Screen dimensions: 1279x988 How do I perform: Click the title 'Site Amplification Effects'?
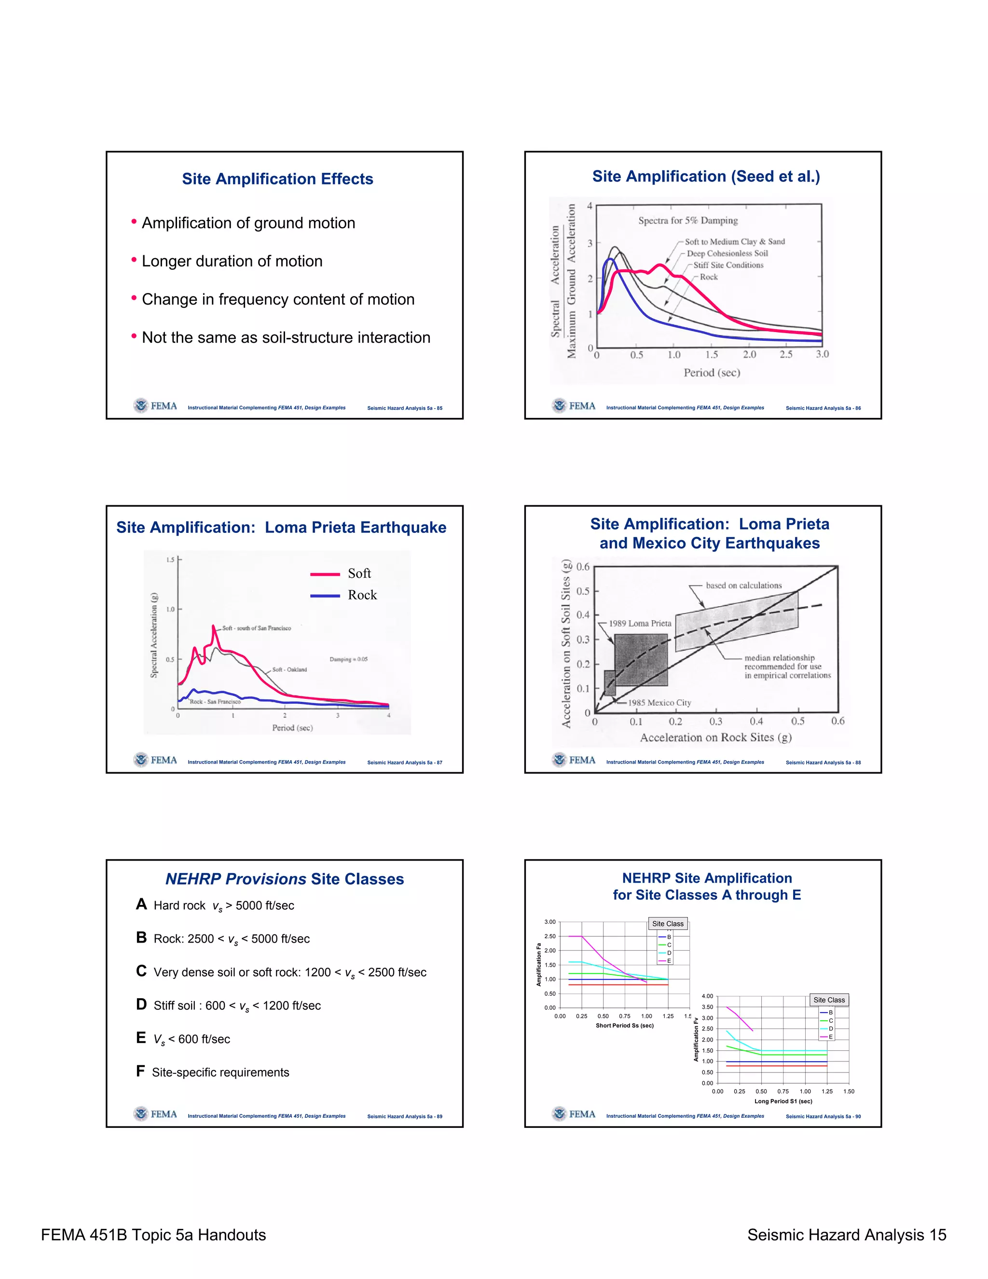[x=277, y=179]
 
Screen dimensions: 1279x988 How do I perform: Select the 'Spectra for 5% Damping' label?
[x=688, y=221]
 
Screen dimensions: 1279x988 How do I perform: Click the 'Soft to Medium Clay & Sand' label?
[x=735, y=242]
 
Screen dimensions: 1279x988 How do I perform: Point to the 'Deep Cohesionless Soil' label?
[x=727, y=253]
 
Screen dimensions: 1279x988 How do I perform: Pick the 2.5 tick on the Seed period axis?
[x=785, y=355]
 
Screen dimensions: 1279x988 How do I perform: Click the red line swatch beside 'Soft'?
[x=325, y=574]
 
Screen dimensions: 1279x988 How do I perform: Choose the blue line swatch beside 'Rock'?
[x=325, y=596]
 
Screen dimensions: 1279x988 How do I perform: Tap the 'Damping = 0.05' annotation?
[x=348, y=659]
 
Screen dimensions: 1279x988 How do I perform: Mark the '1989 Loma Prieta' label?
[x=640, y=624]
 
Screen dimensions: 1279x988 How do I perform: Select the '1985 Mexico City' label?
[x=659, y=703]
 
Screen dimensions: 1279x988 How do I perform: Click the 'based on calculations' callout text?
[x=743, y=585]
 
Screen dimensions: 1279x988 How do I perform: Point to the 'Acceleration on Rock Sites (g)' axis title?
[x=715, y=738]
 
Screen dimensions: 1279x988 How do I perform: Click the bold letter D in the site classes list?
[x=141, y=1005]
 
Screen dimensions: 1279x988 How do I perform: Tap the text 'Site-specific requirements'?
[x=220, y=1072]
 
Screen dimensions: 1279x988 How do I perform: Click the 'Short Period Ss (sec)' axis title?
[x=625, y=1026]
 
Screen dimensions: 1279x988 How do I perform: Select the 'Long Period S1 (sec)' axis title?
[x=783, y=1101]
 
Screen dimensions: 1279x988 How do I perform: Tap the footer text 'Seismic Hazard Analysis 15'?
[x=846, y=1235]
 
